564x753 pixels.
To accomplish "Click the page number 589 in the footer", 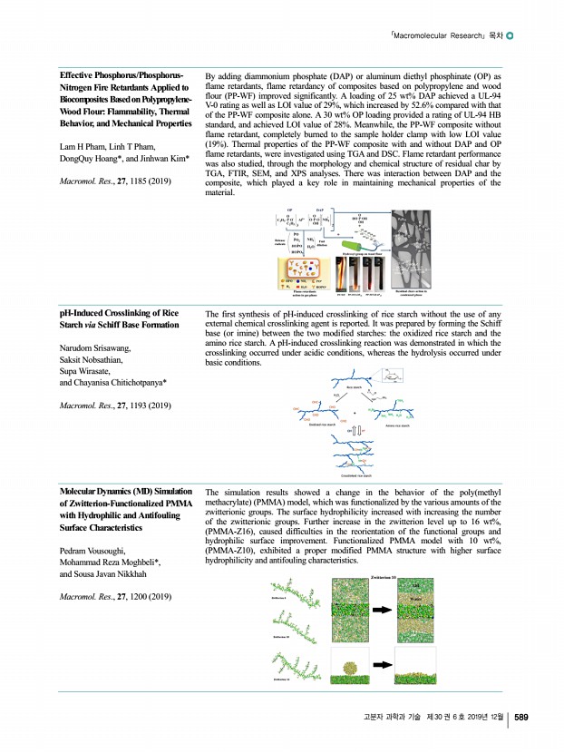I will click(522, 719).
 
